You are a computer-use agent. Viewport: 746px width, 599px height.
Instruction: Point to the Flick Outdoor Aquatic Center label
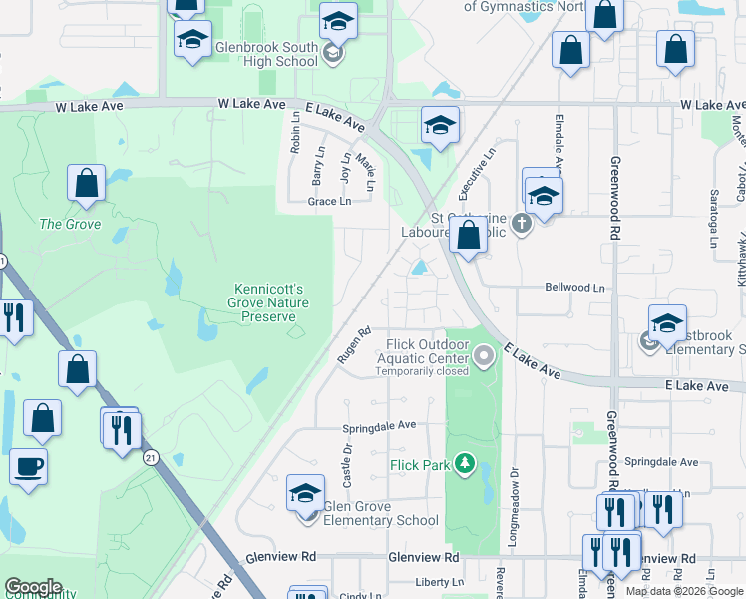(427, 351)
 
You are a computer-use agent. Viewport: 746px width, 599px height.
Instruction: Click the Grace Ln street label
(329, 201)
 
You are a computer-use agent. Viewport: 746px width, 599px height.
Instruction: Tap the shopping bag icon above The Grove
(87, 183)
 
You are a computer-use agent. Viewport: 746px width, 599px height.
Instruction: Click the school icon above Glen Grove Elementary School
(305, 492)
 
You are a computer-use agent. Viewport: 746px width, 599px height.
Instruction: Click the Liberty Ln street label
(439, 582)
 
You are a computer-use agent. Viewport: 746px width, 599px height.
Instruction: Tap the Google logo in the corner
(32, 587)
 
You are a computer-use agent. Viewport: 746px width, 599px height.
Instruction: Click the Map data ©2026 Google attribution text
(685, 591)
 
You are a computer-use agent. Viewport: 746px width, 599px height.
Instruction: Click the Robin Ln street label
(295, 131)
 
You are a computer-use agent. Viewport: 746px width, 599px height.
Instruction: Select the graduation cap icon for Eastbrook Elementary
(667, 323)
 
